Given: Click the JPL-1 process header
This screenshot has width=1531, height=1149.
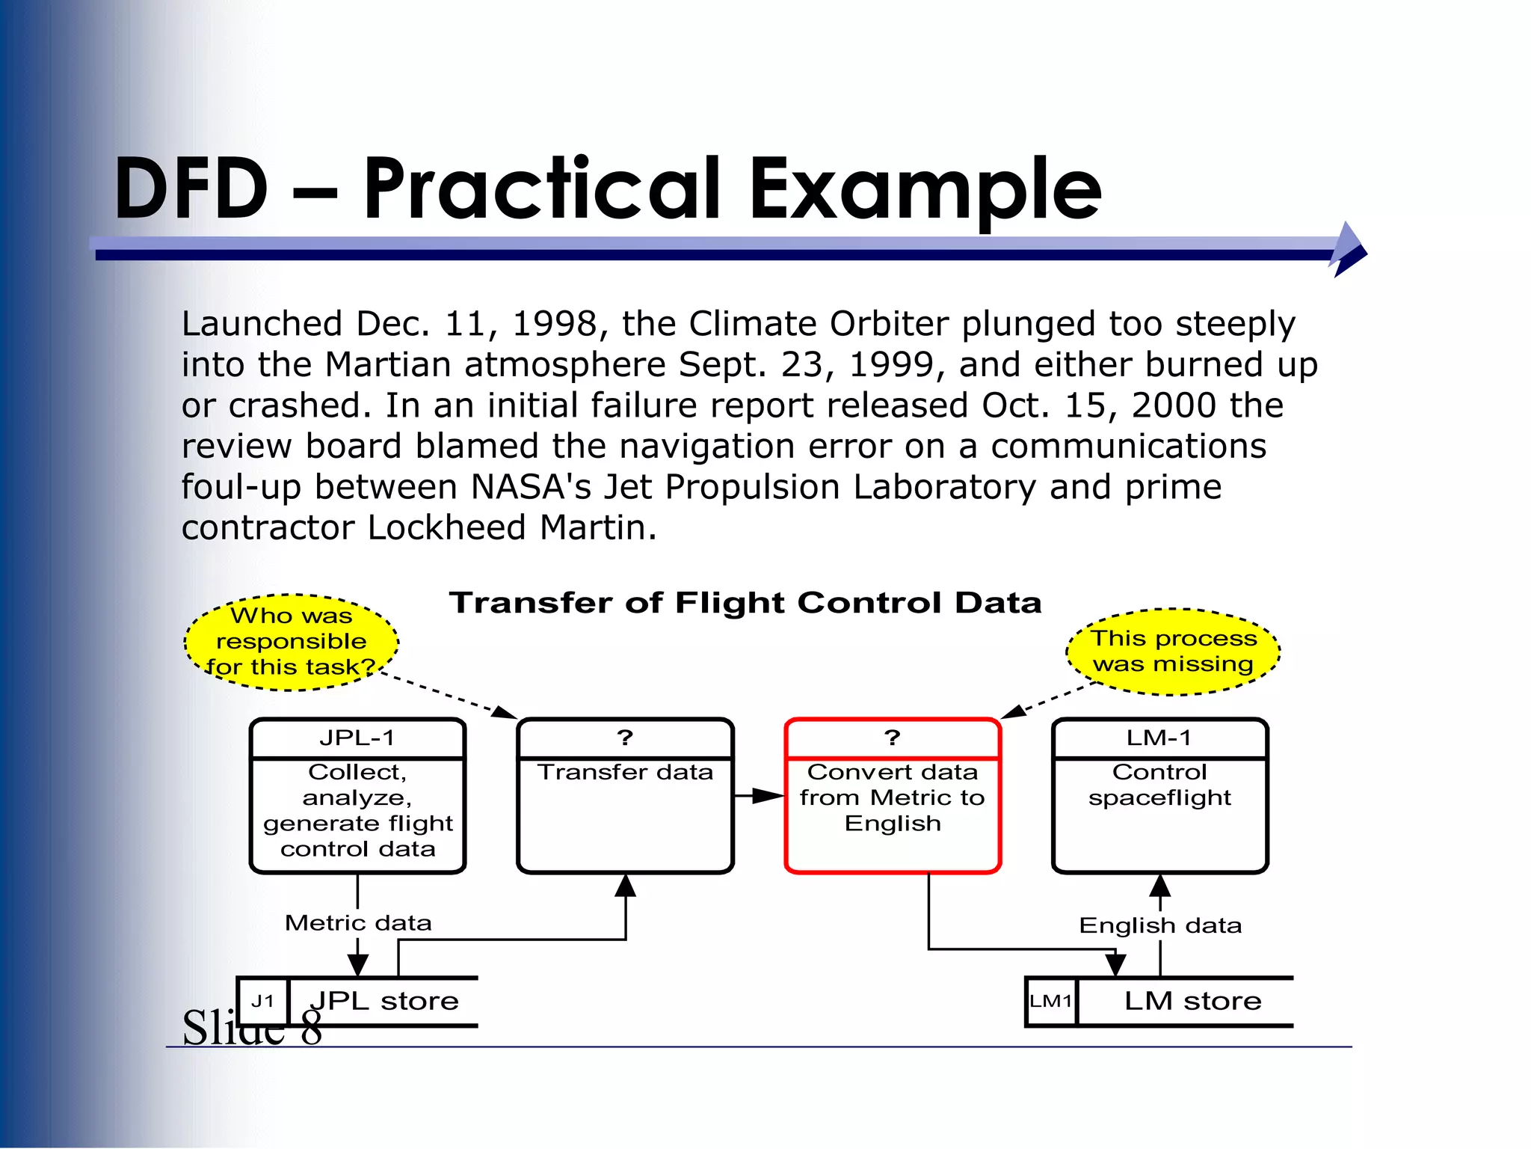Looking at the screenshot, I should click(357, 738).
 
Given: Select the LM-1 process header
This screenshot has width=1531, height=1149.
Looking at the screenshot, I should click(1159, 738).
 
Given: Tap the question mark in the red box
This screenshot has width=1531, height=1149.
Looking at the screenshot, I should click(892, 738).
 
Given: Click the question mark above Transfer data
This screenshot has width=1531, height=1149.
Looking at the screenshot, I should click(625, 738).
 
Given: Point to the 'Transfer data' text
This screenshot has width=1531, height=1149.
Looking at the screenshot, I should click(625, 772).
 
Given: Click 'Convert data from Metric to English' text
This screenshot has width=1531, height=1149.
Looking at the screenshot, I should click(892, 797).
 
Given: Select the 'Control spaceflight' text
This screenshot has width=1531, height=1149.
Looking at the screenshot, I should click(1159, 785).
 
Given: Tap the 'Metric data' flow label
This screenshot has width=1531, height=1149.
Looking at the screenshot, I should click(358, 923).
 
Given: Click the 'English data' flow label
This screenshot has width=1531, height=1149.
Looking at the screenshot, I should click(1160, 926).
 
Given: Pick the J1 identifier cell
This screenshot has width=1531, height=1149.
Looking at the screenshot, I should click(263, 1001).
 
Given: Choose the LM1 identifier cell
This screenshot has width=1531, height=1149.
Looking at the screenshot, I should click(1051, 1001).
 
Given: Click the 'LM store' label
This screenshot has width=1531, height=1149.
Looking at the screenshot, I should click(1192, 1001).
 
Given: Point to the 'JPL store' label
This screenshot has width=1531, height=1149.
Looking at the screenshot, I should click(384, 1001).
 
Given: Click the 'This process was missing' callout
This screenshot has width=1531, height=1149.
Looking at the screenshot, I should click(1173, 652).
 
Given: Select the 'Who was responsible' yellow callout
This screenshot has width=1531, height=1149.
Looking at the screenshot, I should click(292, 642).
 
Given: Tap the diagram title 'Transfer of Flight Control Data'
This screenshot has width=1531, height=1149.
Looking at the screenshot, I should click(745, 603).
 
